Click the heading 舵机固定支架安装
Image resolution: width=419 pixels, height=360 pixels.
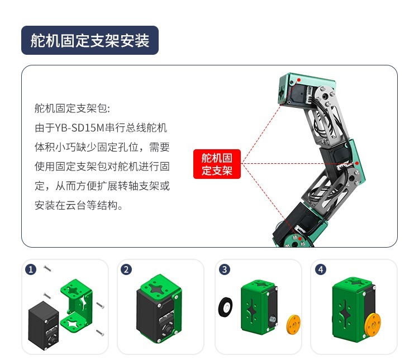(90, 40)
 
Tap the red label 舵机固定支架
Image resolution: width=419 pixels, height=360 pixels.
(217, 164)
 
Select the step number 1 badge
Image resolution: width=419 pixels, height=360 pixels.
(31, 269)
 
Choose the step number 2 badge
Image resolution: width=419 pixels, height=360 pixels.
(126, 269)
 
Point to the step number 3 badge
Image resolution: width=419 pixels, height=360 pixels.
(225, 269)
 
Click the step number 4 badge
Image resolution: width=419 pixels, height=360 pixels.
(321, 269)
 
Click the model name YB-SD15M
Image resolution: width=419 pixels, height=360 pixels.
(79, 128)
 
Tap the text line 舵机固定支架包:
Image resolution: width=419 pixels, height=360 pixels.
(72, 108)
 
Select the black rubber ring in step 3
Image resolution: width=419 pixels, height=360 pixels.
(226, 307)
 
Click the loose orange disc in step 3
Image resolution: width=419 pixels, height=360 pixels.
(293, 324)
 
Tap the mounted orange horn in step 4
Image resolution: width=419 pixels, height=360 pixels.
(373, 326)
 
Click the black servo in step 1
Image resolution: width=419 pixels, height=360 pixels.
(43, 325)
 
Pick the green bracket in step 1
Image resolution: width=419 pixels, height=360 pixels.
(77, 305)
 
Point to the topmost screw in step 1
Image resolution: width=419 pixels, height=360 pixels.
(47, 268)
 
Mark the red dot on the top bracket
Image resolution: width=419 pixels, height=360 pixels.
(299, 80)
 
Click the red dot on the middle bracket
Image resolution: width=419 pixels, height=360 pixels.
(357, 163)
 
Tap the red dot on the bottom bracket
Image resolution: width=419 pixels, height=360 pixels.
(300, 239)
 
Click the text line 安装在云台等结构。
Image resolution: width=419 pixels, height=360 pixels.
(79, 205)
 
